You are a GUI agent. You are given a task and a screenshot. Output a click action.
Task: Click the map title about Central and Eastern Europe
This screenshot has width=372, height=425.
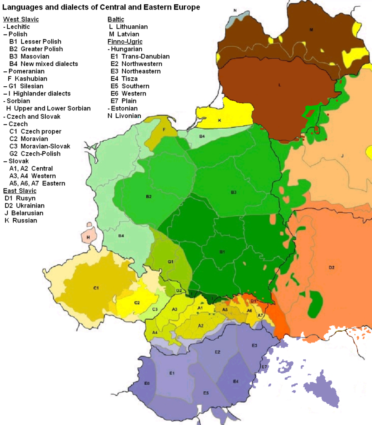click(x=101, y=7)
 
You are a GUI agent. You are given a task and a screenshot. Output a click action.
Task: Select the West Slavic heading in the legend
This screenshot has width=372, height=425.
click(x=21, y=19)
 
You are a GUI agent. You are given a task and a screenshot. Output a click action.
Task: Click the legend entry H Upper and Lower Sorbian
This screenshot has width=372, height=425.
click(x=48, y=108)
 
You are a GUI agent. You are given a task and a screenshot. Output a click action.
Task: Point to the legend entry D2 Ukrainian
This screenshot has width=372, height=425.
click(x=25, y=205)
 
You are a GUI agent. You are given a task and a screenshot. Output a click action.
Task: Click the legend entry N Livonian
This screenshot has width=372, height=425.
click(x=124, y=116)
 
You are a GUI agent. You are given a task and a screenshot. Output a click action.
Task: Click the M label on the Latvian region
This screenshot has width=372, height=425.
click(x=310, y=30)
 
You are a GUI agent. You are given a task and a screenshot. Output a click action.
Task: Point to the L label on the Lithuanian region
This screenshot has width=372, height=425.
click(x=280, y=85)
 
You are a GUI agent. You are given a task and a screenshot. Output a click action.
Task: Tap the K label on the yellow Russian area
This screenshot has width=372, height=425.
click(x=220, y=120)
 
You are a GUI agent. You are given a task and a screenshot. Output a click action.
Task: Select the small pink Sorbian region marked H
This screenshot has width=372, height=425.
click(x=89, y=237)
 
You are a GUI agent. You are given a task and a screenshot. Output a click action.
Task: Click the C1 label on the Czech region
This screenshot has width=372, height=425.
click(x=96, y=287)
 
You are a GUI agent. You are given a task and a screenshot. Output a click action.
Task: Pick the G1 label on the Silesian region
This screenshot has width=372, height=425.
click(x=170, y=262)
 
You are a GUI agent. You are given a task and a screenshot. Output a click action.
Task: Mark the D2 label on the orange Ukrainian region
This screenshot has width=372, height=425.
click(x=331, y=267)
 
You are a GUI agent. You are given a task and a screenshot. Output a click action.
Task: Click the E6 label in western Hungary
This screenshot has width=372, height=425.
click(x=147, y=383)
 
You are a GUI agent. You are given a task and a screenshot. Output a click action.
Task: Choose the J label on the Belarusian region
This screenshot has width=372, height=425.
click(x=342, y=156)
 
